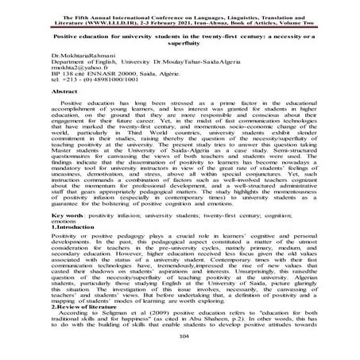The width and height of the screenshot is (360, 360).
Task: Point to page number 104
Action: point(180,336)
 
